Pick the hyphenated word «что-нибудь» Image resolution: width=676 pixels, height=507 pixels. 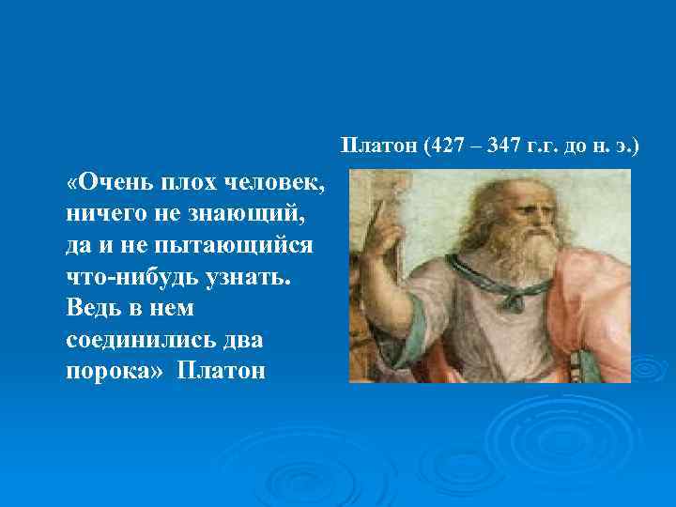(x=127, y=276)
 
